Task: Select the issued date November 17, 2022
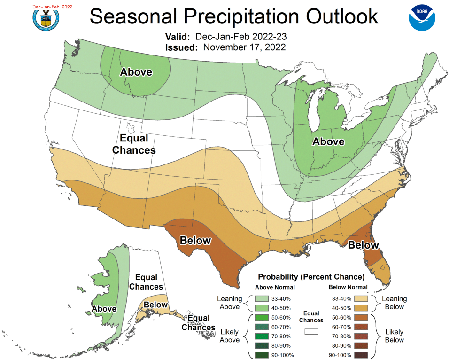(245, 47)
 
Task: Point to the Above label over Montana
(136, 72)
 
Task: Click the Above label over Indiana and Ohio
(328, 141)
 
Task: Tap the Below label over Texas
(196, 241)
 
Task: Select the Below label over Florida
(363, 245)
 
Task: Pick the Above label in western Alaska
(104, 309)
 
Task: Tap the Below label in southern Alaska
(155, 305)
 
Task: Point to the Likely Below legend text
(394, 336)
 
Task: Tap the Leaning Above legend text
(229, 303)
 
